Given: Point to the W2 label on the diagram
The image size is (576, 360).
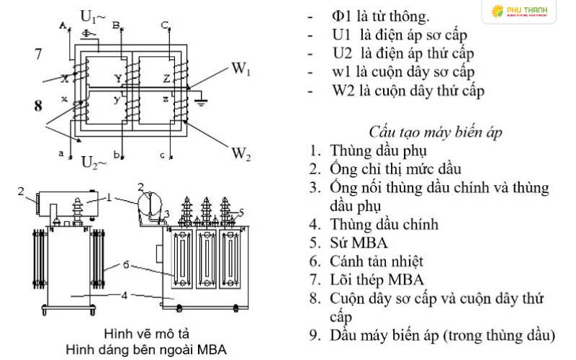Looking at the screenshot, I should coord(241,153).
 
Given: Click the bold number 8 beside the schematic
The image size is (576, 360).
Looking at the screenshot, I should coord(38,106).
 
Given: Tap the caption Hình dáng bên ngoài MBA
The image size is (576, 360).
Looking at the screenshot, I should coord(145,350).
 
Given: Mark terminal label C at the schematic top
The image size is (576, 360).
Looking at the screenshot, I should coord(165,26).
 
